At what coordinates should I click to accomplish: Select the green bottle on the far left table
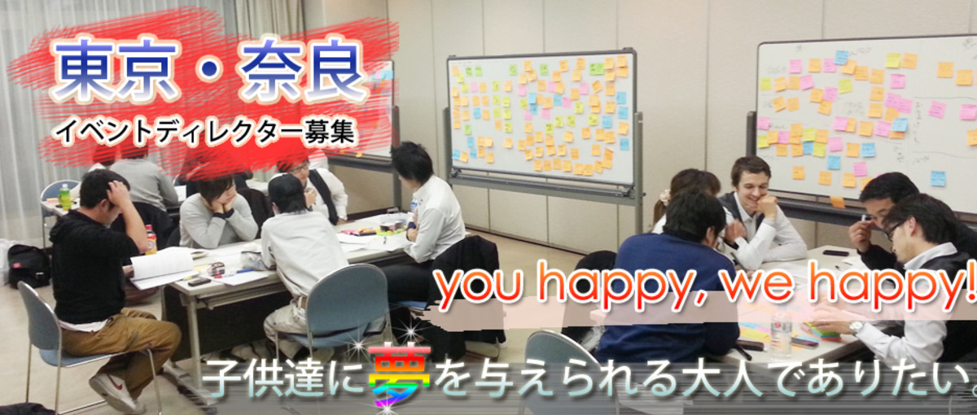pos(64,196)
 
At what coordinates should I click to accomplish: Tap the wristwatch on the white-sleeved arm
pos(856,328)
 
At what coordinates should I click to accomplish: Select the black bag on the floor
pos(28,265)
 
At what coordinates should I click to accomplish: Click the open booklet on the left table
pos(163,265)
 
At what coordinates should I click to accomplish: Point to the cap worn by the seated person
pos(285,188)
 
